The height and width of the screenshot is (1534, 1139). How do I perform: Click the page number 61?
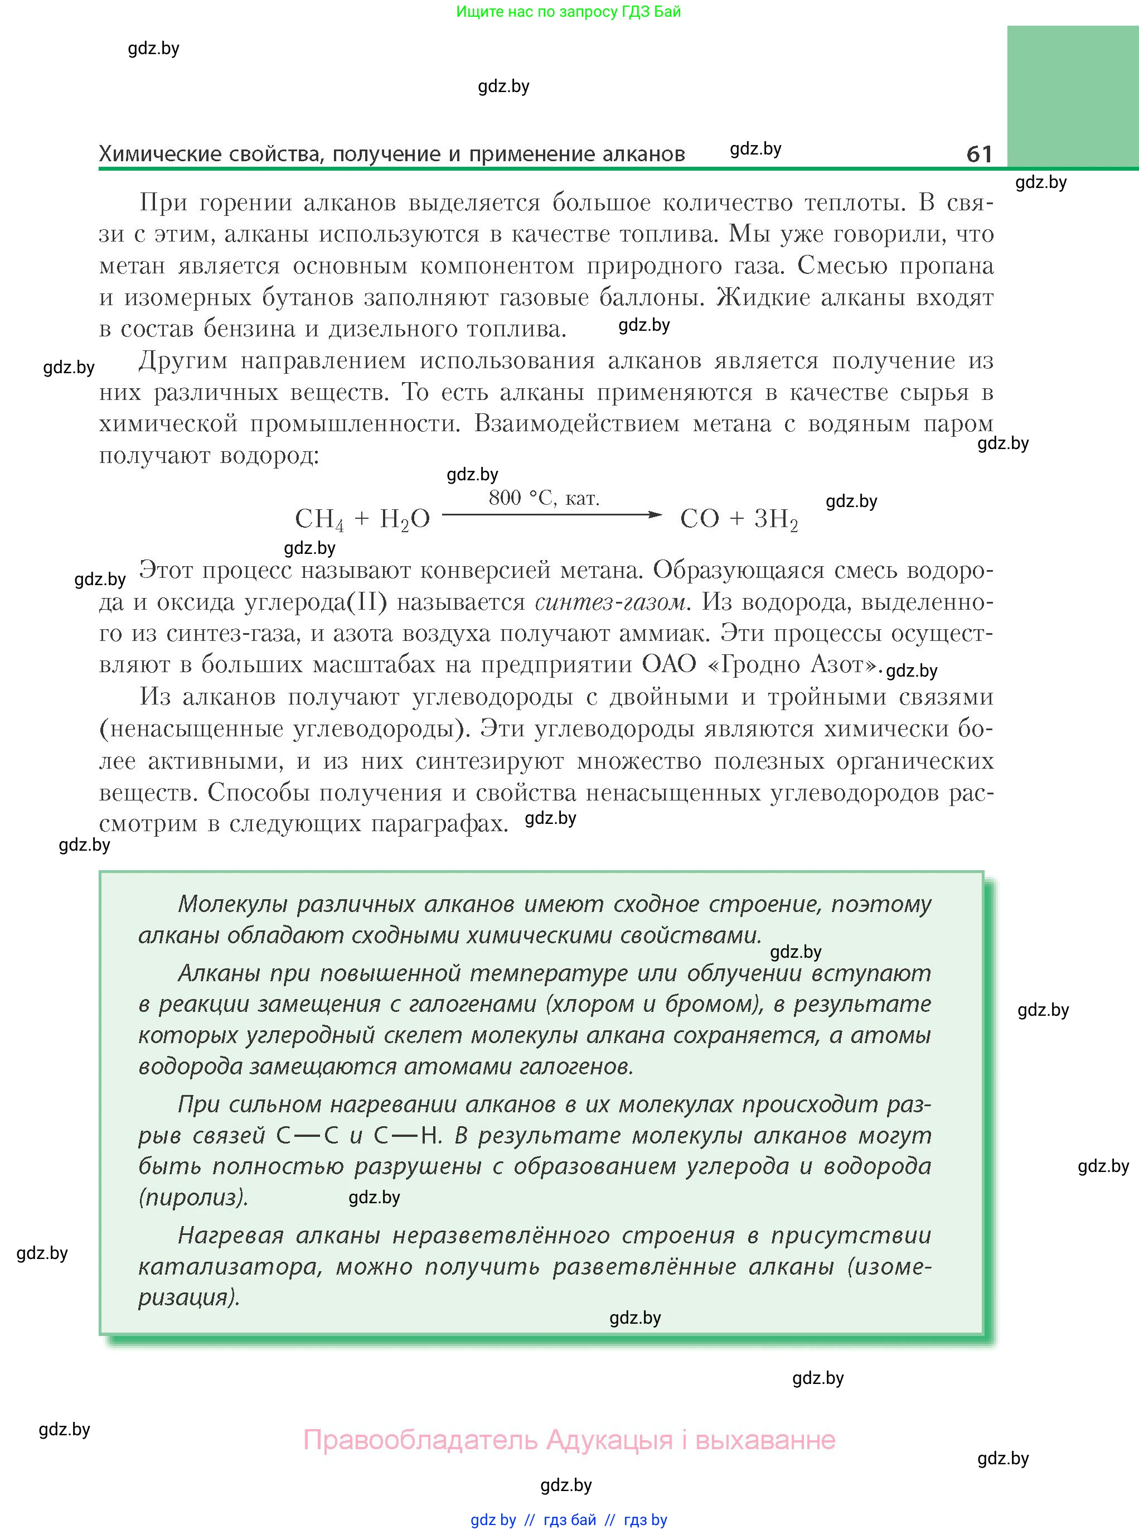pyautogui.click(x=979, y=153)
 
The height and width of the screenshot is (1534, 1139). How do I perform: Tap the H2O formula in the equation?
pyautogui.click(x=405, y=519)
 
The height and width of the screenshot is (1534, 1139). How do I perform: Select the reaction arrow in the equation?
pyautogui.click(x=551, y=514)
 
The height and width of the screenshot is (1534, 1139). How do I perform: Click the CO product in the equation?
pyautogui.click(x=699, y=519)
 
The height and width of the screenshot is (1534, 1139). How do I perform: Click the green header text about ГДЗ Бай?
pyautogui.click(x=568, y=12)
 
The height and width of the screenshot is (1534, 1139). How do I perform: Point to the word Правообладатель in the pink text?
pyautogui.click(x=420, y=1440)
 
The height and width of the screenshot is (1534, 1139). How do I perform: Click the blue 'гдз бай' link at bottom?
pyautogui.click(x=570, y=1519)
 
